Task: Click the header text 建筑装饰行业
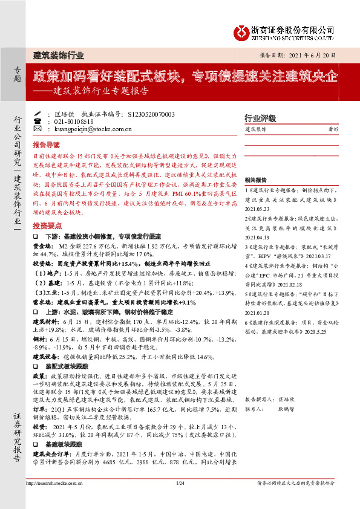[58, 55]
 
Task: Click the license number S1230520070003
[152, 114]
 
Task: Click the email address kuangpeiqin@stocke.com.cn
[89, 129]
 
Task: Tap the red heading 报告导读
[46, 145]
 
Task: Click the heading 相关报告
[255, 180]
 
